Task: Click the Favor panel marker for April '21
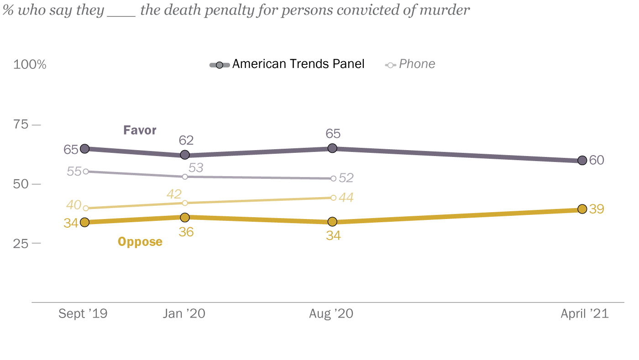582,160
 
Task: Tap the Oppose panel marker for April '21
582,209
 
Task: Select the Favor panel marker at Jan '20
185,155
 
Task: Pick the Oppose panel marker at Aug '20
332,222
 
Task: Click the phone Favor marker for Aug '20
333,178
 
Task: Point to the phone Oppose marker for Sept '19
86,208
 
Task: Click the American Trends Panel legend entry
288,64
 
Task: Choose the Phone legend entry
411,64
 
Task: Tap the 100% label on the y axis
30,65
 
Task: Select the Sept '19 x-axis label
83,314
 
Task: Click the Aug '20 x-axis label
331,314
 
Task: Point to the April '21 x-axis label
585,314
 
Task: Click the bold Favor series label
140,130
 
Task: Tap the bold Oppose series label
140,241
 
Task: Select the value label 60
597,160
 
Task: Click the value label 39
597,209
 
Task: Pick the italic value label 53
195,168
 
